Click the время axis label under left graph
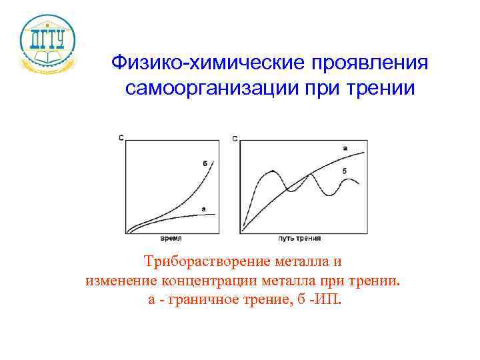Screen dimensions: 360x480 click(171, 238)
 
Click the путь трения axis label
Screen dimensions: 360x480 click(299, 238)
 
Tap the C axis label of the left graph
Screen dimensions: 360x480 click(121, 137)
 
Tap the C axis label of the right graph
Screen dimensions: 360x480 click(235, 138)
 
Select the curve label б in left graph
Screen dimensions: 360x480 click(203, 163)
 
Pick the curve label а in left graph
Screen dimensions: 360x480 click(203, 209)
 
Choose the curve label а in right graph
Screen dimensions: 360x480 click(344, 147)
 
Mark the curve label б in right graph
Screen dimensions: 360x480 click(344, 171)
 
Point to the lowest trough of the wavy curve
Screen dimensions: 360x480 click(327, 194)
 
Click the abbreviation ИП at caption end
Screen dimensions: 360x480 click(328, 298)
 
